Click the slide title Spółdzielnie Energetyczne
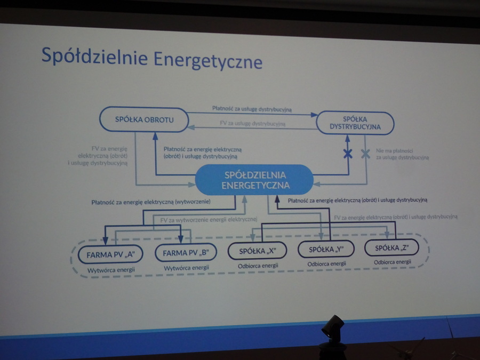pos(151,58)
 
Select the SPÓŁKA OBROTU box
pos(144,119)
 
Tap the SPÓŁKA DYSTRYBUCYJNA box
pos(355,123)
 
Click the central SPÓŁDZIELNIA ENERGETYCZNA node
pos(255,180)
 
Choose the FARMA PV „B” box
pos(186,253)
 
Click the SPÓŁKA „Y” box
pos(325,249)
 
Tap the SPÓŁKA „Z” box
pos(391,247)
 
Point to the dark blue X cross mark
pos(348,154)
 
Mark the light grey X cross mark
pos(366,154)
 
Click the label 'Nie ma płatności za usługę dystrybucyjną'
pos(402,154)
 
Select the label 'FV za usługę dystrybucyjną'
pos(252,124)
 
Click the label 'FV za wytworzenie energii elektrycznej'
pos(205,219)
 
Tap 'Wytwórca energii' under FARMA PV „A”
pos(111,270)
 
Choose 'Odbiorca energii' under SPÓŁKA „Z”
pos(392,262)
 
